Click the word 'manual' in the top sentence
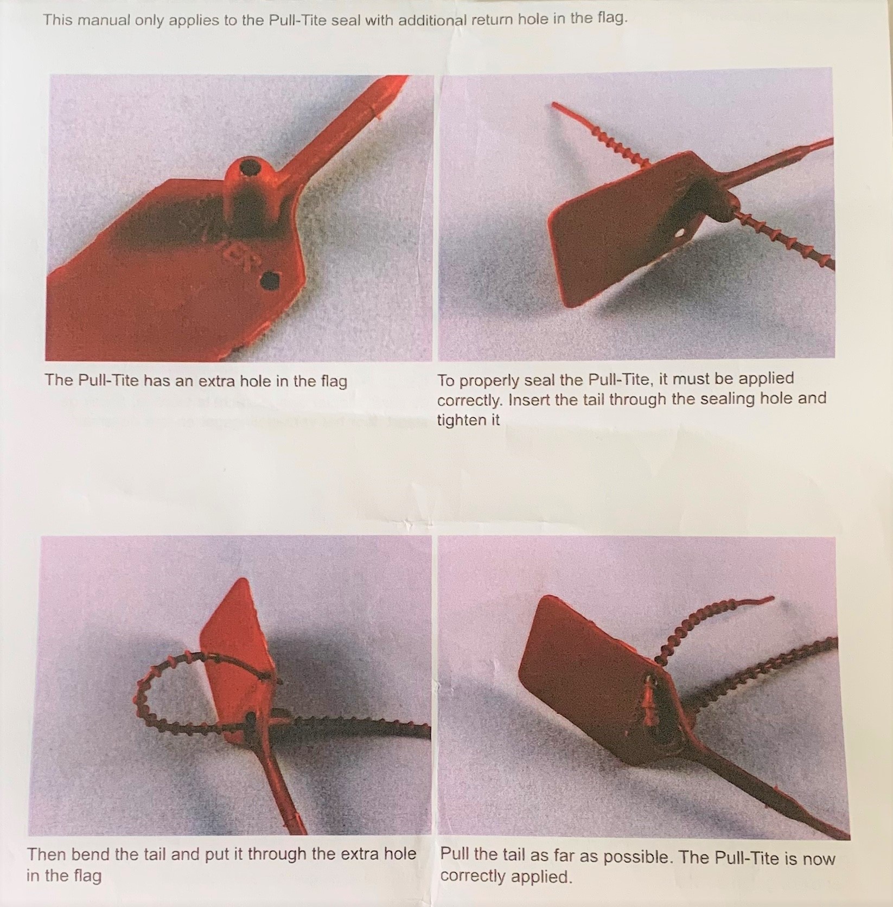106,20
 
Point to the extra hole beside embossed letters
270,280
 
